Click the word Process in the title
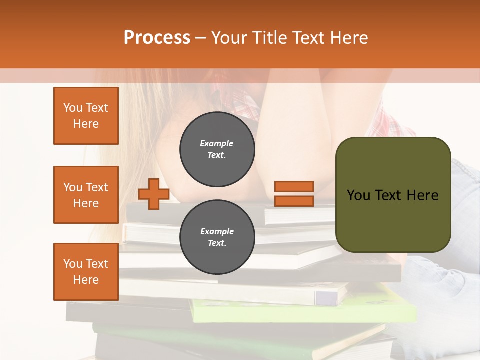pyautogui.click(x=157, y=38)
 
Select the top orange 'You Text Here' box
pyautogui.click(x=86, y=116)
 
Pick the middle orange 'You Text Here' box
pyautogui.click(x=86, y=195)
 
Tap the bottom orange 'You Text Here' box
pyautogui.click(x=86, y=272)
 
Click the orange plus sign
pyautogui.click(x=153, y=194)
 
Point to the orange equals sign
pyautogui.click(x=294, y=194)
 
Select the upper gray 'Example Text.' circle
pyautogui.click(x=217, y=149)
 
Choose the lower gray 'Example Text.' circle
pyautogui.click(x=217, y=237)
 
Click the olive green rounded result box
pyautogui.click(x=393, y=195)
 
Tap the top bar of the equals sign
pyautogui.click(x=294, y=186)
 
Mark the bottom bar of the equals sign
pyautogui.click(x=294, y=201)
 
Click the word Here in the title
pyautogui.click(x=350, y=38)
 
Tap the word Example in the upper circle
pyautogui.click(x=217, y=143)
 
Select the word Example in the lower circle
pyautogui.click(x=217, y=231)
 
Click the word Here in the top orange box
pyautogui.click(x=86, y=124)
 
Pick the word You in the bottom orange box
pyautogui.click(x=72, y=264)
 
